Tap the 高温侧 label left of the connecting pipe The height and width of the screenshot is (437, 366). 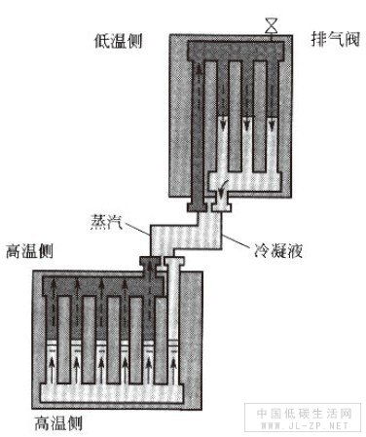(x=30, y=250)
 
